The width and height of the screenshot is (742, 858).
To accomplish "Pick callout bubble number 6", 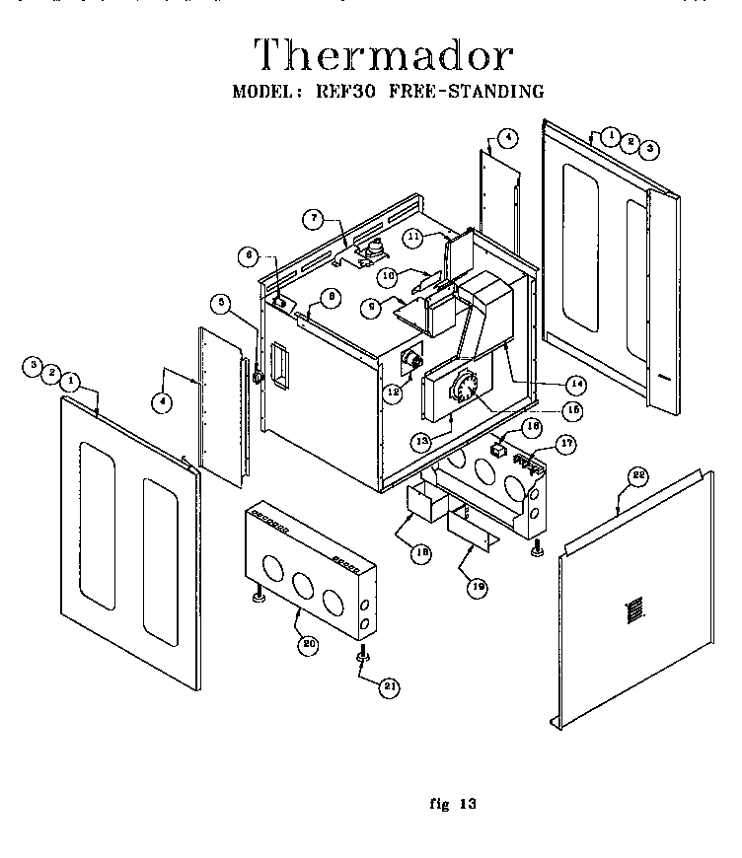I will coord(250,256).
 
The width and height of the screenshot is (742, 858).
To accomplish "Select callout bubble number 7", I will coord(312,218).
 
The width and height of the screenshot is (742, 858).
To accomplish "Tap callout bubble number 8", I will coord(330,295).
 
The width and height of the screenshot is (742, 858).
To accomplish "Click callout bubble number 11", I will coord(412,237).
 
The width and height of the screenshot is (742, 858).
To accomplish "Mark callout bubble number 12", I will coord(394,392).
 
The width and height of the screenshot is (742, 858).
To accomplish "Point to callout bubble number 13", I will coord(421,440).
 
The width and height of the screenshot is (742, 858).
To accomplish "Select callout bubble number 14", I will coord(575,383).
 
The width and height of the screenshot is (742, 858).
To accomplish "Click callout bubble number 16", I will coord(532,427).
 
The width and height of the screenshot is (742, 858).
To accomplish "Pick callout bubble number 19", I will coord(478,586).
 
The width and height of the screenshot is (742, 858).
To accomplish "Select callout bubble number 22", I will coord(638,476).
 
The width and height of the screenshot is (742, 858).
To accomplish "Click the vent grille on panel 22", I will coord(633,609).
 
